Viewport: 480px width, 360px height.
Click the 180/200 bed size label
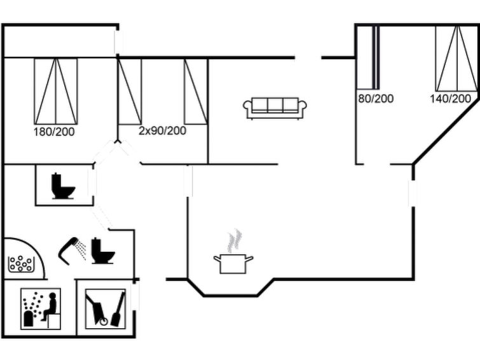coord(54,132)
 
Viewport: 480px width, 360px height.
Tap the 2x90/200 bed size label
coord(162,131)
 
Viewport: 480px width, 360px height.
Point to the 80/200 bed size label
coord(376,99)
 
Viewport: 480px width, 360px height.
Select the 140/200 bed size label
coord(450,99)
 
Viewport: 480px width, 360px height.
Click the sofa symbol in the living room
coord(275,108)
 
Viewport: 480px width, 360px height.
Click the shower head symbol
coord(69,251)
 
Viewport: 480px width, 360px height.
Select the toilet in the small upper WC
coord(63,186)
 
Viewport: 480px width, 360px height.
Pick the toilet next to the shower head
coord(103,251)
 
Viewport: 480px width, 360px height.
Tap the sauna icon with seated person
coord(41,309)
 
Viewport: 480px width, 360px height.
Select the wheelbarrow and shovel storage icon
coord(106,309)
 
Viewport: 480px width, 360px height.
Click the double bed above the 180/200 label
coord(56,92)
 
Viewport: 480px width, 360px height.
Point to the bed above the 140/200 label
coord(456,59)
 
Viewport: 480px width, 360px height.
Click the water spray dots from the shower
coord(81,250)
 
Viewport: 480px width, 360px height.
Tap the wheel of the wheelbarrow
coord(104,321)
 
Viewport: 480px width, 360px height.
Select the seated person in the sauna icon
coord(50,307)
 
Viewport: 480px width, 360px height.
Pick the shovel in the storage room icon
coord(118,309)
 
